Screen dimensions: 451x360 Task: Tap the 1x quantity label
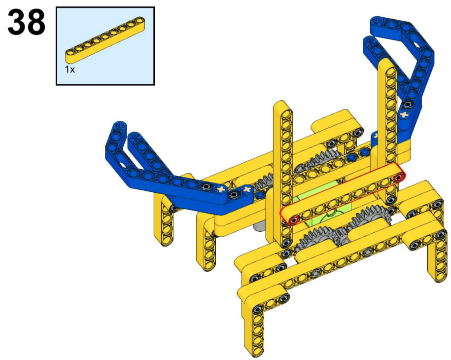69,70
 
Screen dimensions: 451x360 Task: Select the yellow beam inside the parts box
105,39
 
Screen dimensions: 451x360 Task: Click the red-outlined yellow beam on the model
343,194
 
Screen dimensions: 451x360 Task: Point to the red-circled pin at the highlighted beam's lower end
293,220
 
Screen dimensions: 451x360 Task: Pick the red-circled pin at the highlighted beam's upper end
398,178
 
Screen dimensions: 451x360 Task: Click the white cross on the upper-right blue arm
405,114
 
